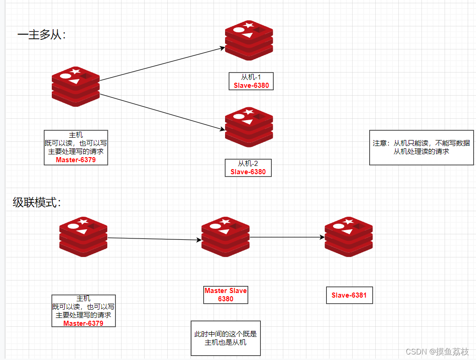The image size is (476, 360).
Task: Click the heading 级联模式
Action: tap(37, 202)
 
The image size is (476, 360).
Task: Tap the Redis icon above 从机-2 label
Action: tap(249, 127)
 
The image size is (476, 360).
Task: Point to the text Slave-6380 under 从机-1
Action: tap(251, 85)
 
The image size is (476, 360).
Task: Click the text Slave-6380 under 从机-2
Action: tap(248, 171)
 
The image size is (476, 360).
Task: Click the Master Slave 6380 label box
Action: tap(226, 295)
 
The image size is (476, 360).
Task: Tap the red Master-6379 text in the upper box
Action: tap(76, 160)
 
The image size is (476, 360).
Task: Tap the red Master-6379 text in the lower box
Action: tap(83, 323)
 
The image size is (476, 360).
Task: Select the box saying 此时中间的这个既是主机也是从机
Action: tap(226, 338)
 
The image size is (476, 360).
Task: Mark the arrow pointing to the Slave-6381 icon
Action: tap(287, 237)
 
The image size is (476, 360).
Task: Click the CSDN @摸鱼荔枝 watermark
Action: tap(437, 352)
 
